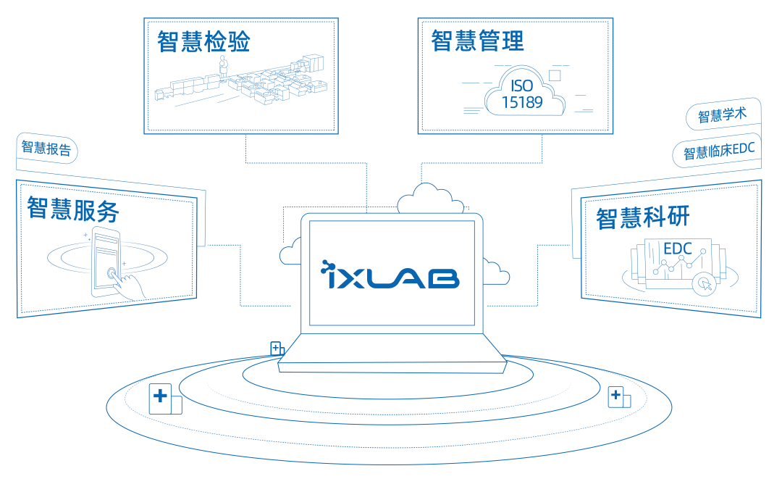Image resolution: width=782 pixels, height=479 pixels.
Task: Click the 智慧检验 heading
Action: [x=203, y=41]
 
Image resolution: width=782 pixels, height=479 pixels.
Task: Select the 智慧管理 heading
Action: [x=477, y=41]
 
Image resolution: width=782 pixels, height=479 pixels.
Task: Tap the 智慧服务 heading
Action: [x=72, y=209]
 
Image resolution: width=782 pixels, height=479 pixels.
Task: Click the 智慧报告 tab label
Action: [x=46, y=149]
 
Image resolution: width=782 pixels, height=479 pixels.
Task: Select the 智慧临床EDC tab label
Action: [x=719, y=152]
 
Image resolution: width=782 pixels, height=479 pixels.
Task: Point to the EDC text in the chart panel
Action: [x=677, y=249]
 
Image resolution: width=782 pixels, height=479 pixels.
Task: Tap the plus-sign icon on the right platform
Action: [x=616, y=396]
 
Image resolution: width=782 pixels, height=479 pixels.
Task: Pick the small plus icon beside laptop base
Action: [x=276, y=348]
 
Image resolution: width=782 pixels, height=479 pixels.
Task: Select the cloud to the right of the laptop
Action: [x=495, y=274]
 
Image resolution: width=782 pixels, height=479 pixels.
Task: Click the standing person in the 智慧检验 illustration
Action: [x=224, y=67]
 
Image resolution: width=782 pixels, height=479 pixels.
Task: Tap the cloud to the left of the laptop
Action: [x=290, y=251]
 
